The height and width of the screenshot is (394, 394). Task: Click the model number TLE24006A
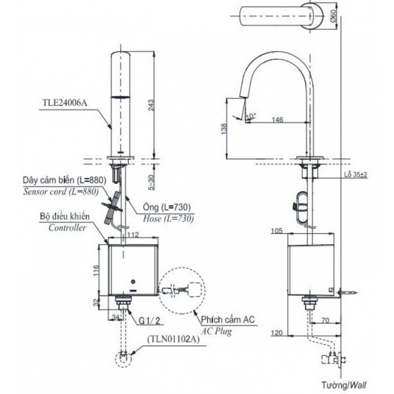click(x=64, y=102)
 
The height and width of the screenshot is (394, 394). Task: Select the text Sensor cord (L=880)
click(x=60, y=192)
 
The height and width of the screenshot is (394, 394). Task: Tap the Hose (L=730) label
click(x=168, y=218)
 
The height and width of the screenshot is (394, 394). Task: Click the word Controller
click(x=68, y=228)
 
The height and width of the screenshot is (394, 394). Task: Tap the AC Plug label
click(x=217, y=331)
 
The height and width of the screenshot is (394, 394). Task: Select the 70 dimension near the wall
click(x=325, y=321)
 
